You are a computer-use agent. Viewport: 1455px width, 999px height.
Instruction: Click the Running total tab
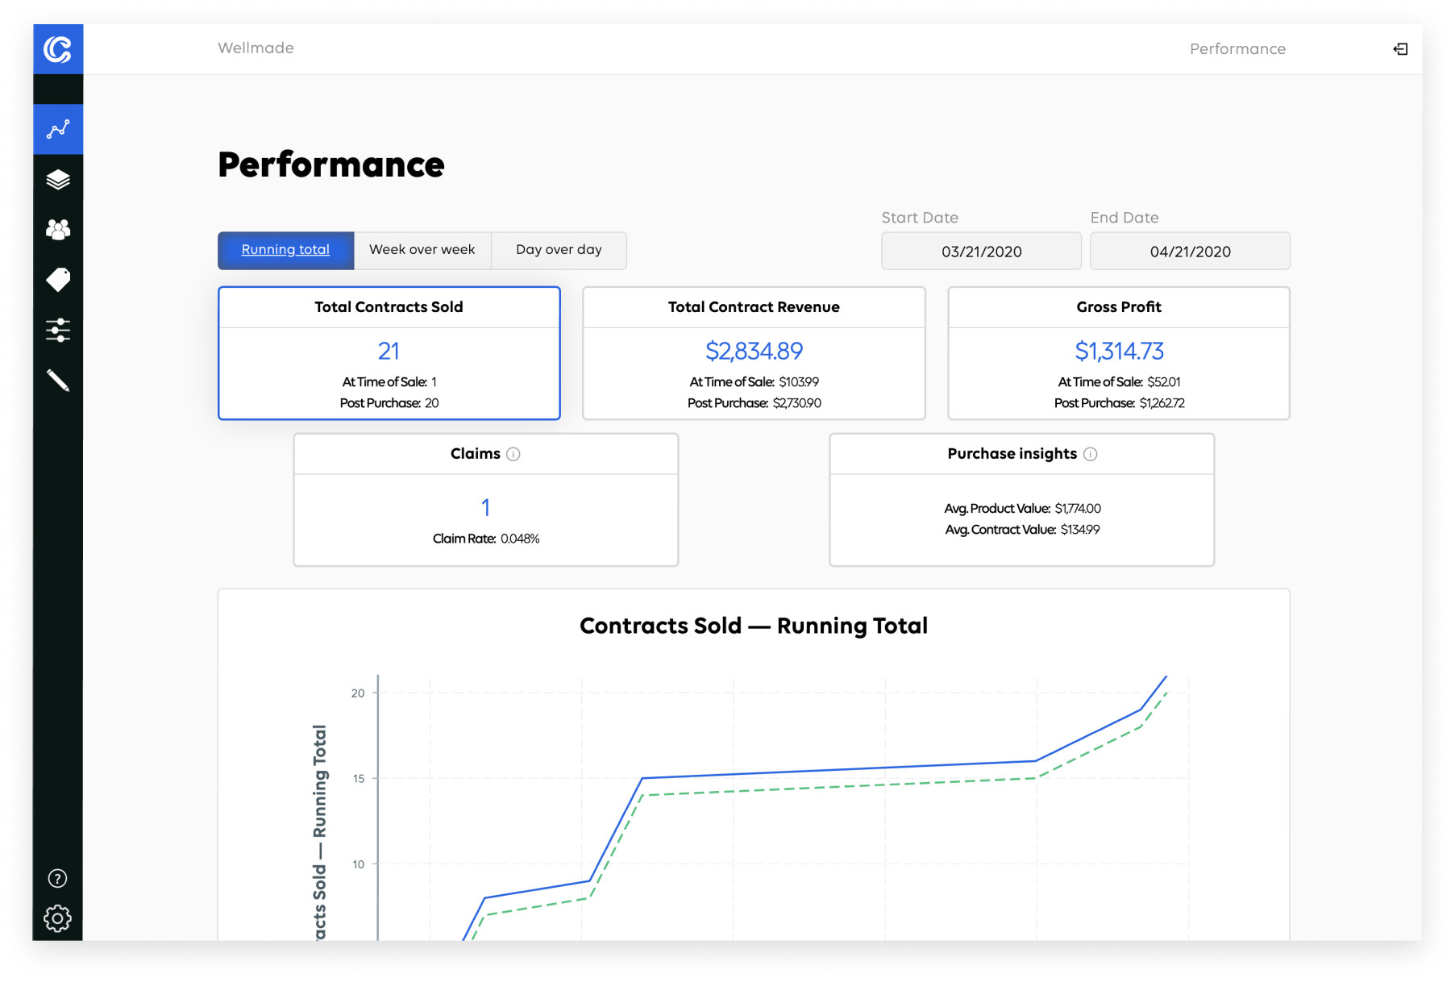click(x=285, y=250)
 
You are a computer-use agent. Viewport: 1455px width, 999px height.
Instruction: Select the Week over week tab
click(x=422, y=250)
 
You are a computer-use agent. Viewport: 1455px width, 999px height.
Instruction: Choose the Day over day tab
click(x=559, y=250)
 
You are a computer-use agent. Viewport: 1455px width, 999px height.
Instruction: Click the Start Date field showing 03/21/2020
click(x=981, y=252)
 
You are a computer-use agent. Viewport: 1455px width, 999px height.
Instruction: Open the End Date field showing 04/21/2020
click(x=1190, y=252)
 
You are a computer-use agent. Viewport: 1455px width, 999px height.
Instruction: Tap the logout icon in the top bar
click(x=1400, y=49)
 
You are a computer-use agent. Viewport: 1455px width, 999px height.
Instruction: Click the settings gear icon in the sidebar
click(x=57, y=918)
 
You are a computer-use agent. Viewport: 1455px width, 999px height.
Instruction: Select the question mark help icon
click(x=57, y=878)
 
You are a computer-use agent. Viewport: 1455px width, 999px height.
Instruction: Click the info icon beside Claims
click(x=513, y=454)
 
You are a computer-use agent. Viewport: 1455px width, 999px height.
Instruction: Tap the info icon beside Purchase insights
click(x=1091, y=454)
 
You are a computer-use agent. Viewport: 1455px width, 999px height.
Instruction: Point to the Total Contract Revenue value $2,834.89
click(x=754, y=351)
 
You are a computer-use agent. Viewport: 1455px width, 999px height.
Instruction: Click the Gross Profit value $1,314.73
click(x=1119, y=351)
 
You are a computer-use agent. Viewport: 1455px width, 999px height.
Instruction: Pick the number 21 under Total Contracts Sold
click(x=389, y=351)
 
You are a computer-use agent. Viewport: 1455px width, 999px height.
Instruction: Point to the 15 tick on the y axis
click(x=359, y=778)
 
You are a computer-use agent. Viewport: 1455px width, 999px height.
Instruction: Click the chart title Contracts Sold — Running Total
click(x=754, y=626)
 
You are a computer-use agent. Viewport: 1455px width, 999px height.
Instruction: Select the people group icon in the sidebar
click(x=58, y=230)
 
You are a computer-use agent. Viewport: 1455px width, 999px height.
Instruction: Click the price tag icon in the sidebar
click(x=58, y=280)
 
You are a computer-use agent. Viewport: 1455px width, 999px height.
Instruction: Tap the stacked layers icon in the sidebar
click(x=58, y=179)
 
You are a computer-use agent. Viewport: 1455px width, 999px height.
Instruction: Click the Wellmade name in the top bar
click(x=256, y=48)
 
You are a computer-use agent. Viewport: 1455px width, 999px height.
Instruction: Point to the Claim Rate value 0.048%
click(x=520, y=539)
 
